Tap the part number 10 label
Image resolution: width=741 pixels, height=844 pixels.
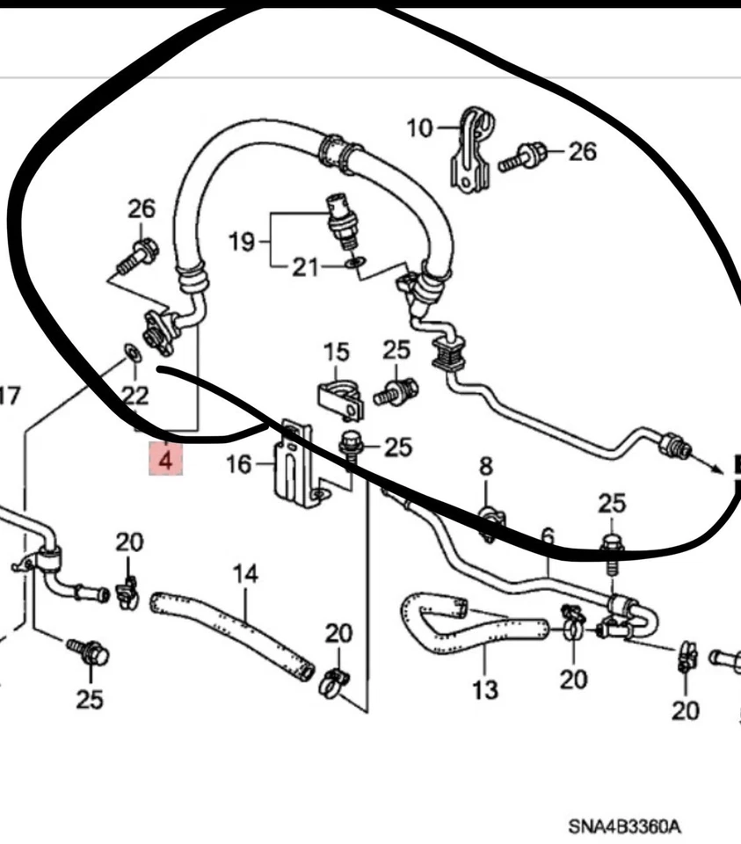pyautogui.click(x=420, y=128)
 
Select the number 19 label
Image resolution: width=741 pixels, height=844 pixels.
pyautogui.click(x=243, y=239)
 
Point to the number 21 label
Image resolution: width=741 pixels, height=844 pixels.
pyautogui.click(x=305, y=266)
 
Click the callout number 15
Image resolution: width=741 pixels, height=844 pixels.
pyautogui.click(x=336, y=353)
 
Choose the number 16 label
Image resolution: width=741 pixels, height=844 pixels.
pyautogui.click(x=239, y=463)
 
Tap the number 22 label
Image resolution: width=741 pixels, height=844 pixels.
pyautogui.click(x=134, y=395)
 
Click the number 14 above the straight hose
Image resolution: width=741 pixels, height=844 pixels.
pyautogui.click(x=245, y=574)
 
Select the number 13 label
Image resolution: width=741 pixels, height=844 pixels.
pyautogui.click(x=484, y=688)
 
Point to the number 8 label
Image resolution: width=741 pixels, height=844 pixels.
pyautogui.click(x=486, y=466)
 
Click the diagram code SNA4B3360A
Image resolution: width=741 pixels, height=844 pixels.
pyautogui.click(x=624, y=826)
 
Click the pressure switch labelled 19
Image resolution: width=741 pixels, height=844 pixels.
pyautogui.click(x=338, y=218)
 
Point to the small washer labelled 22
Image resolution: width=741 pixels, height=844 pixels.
pyautogui.click(x=129, y=354)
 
